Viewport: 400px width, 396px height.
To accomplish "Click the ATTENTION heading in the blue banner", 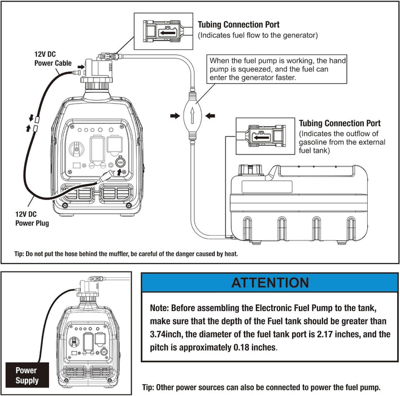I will pyautogui.click(x=270, y=282).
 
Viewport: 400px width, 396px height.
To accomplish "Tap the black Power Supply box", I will pyautogui.click(x=27, y=375).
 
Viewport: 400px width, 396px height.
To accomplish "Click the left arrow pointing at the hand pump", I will pyautogui.click(x=173, y=116).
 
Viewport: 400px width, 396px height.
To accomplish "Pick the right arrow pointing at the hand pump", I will pyautogui.click(x=211, y=116).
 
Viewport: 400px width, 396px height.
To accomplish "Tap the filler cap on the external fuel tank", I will pyautogui.click(x=247, y=169).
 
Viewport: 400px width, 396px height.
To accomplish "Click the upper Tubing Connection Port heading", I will pyautogui.click(x=238, y=25).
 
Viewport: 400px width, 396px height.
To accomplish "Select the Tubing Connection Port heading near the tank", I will pyautogui.click(x=339, y=123).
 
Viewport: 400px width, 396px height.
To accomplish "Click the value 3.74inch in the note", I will pyautogui.click(x=170, y=334).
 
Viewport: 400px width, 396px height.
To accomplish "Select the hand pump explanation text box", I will pyautogui.click(x=277, y=69).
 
